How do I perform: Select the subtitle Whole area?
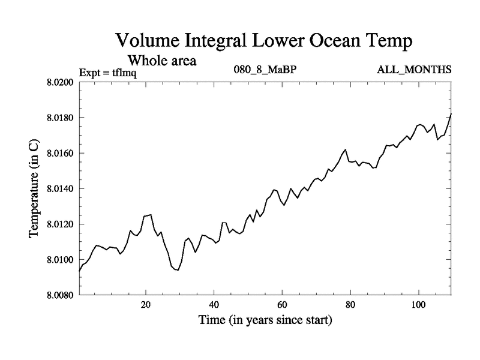click(x=162, y=61)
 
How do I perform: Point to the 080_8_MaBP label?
click(x=265, y=69)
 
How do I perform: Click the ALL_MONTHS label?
click(x=414, y=69)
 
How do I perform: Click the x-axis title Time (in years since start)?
click(x=265, y=320)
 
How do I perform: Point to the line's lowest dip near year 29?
click(x=178, y=270)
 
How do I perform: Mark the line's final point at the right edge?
click(x=451, y=113)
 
